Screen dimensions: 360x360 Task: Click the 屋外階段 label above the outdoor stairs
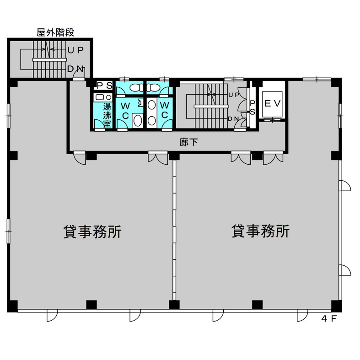(x=55, y=32)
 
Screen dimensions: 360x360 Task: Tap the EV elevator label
(x=273, y=103)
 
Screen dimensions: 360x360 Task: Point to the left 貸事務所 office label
(x=92, y=231)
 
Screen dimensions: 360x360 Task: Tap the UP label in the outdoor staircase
(x=75, y=49)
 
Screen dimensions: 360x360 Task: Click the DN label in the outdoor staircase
(x=75, y=69)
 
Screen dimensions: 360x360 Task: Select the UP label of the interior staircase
(x=233, y=95)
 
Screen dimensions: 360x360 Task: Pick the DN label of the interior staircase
(x=233, y=119)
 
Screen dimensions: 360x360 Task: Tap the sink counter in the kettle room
(x=102, y=97)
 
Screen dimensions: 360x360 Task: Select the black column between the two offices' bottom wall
(x=174, y=305)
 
